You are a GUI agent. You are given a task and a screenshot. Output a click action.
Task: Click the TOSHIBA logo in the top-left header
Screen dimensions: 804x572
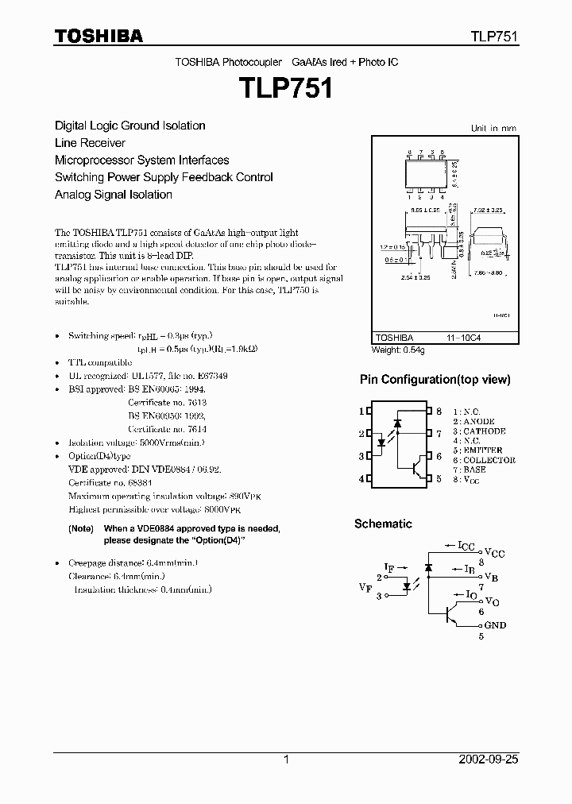pyautogui.click(x=99, y=36)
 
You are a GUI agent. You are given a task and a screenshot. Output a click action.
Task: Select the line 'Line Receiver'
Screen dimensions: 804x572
pyautogui.click(x=90, y=143)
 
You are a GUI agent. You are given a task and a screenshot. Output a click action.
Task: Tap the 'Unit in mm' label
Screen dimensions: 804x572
pyautogui.click(x=493, y=128)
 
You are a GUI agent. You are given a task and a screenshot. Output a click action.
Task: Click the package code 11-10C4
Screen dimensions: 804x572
pyautogui.click(x=463, y=337)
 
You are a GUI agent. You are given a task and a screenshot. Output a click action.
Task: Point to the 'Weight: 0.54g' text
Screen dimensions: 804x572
pyautogui.click(x=399, y=350)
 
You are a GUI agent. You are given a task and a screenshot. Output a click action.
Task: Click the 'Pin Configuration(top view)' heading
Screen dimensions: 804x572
pyautogui.click(x=435, y=380)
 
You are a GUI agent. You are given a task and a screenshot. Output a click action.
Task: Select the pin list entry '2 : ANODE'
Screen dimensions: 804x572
pyautogui.click(x=474, y=421)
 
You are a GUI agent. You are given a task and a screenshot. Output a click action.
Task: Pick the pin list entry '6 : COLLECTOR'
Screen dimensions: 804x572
pyautogui.click(x=485, y=460)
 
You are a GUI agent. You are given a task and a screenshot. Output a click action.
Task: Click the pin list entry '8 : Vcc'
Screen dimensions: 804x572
pyautogui.click(x=470, y=479)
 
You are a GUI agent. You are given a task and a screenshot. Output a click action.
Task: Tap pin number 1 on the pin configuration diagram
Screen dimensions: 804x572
pyautogui.click(x=361, y=411)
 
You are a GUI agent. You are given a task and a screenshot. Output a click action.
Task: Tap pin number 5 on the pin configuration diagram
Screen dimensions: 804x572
pyautogui.click(x=439, y=479)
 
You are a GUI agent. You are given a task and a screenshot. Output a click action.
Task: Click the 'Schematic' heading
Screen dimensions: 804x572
pyautogui.click(x=383, y=524)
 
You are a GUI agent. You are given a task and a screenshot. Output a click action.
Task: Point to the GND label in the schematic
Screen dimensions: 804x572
pyautogui.click(x=495, y=625)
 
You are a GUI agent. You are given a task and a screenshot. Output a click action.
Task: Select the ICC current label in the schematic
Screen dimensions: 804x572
pyautogui.click(x=466, y=546)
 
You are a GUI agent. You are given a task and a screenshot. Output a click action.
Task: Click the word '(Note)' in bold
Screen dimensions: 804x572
pyautogui.click(x=81, y=529)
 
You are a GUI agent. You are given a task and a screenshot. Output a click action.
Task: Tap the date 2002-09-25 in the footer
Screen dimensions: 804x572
pyautogui.click(x=489, y=760)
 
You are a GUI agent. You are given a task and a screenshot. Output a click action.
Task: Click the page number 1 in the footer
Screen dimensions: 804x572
pyautogui.click(x=286, y=760)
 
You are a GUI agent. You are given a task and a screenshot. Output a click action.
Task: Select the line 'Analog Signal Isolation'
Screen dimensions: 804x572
pyautogui.click(x=114, y=195)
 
